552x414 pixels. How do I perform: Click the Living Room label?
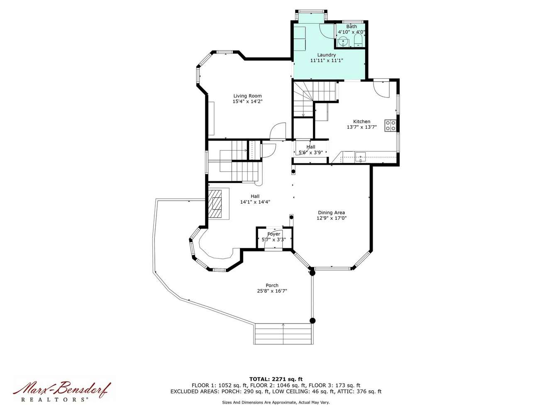(247, 96)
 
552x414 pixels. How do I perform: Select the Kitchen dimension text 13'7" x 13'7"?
(361, 127)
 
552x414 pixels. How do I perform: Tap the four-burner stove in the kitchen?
(390, 125)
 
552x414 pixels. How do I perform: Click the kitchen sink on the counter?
(360, 157)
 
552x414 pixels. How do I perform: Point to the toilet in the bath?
(358, 40)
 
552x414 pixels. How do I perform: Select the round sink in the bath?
(343, 41)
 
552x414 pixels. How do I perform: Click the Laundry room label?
(326, 55)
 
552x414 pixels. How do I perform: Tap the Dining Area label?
(331, 212)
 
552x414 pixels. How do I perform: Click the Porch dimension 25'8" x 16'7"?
(272, 291)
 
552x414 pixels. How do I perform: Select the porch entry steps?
(283, 334)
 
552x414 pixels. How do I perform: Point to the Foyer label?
(274, 234)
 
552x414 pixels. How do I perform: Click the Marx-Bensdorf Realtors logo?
(61, 391)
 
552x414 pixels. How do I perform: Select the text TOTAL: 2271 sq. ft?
(276, 379)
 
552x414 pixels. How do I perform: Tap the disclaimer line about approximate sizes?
(276, 402)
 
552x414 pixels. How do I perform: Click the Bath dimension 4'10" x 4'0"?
(351, 32)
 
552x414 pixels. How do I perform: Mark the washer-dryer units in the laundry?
(300, 39)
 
